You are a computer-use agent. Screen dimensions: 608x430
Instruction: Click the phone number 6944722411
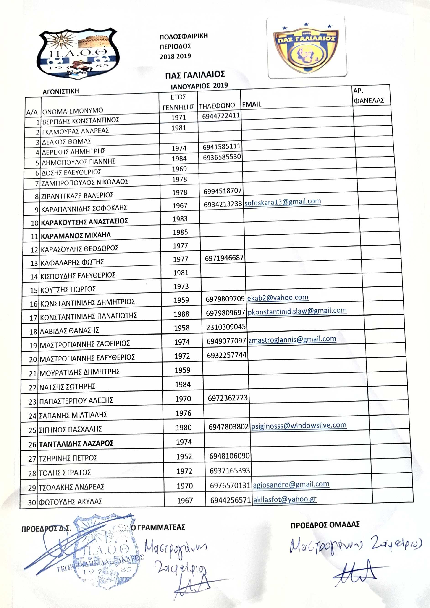click(x=221, y=116)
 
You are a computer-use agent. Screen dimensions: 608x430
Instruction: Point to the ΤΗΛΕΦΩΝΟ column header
click(x=217, y=106)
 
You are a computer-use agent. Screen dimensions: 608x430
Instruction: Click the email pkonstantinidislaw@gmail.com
click(x=297, y=311)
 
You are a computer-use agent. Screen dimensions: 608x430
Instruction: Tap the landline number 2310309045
click(x=226, y=327)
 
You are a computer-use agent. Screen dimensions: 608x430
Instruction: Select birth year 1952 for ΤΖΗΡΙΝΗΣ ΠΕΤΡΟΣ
click(x=184, y=456)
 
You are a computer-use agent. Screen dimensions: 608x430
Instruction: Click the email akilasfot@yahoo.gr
click(x=285, y=499)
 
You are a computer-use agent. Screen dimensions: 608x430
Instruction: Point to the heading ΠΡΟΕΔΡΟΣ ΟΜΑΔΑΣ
click(x=325, y=525)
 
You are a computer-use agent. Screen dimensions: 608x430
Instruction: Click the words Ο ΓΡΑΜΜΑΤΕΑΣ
click(x=158, y=527)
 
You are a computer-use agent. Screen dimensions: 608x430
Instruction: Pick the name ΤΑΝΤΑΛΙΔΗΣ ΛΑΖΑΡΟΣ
click(x=76, y=443)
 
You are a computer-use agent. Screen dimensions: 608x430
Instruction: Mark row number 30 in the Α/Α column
click(x=32, y=502)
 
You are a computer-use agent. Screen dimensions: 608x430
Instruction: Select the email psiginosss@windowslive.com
click(x=299, y=425)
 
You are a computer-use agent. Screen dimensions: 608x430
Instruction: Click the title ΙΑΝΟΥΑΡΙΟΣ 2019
click(x=199, y=86)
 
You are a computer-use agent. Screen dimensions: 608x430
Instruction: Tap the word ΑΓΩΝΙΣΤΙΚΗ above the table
click(x=61, y=91)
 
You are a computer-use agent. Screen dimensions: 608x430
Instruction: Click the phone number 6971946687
click(x=224, y=258)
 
